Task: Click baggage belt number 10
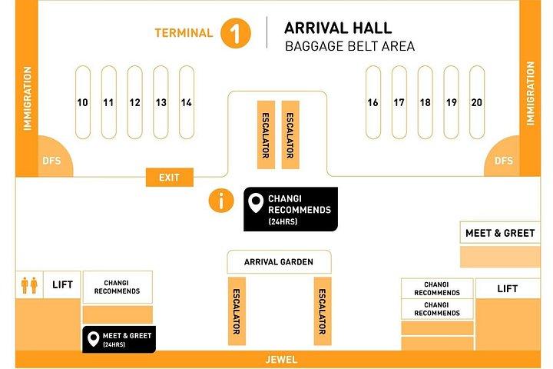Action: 83,102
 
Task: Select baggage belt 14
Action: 187,102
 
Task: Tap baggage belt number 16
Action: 373,102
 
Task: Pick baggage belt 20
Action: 477,102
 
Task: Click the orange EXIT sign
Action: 170,178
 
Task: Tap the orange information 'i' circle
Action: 221,201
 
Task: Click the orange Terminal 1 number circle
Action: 236,33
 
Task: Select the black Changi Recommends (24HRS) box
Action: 290,209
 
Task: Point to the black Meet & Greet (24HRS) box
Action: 119,339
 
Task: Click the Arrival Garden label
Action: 279,262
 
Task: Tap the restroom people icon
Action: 29,285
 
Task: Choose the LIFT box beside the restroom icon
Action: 62,284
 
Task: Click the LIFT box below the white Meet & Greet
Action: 508,288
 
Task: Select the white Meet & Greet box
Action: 500,233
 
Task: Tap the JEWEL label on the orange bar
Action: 281,360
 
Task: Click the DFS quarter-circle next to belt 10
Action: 54,158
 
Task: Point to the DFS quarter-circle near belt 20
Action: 502,158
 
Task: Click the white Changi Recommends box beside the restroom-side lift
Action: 118,287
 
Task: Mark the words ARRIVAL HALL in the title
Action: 338,28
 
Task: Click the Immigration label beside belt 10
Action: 27,98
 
